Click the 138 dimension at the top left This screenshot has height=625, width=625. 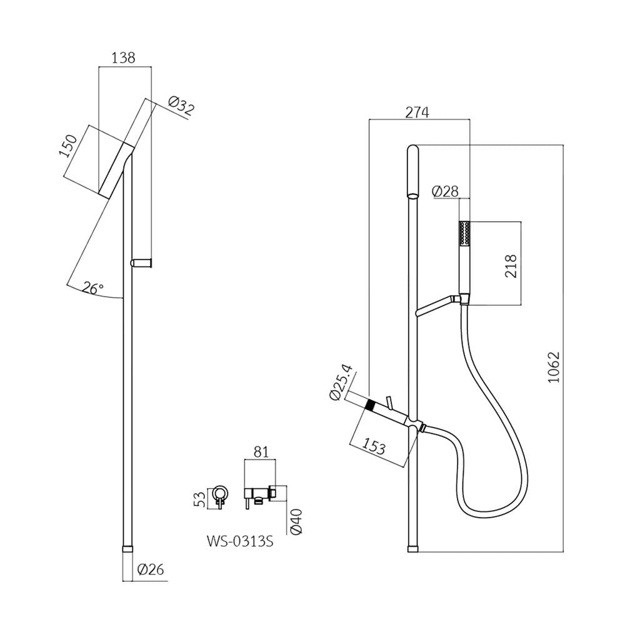pyautogui.click(x=123, y=58)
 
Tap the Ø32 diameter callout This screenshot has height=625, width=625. pyautogui.click(x=181, y=105)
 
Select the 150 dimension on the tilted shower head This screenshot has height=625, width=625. pyautogui.click(x=68, y=146)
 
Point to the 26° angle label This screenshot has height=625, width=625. pyautogui.click(x=94, y=287)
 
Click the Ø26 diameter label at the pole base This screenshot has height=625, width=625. pyautogui.click(x=150, y=569)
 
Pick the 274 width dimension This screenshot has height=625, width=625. pyautogui.click(x=417, y=112)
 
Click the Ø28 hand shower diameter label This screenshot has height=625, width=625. pyautogui.click(x=445, y=192)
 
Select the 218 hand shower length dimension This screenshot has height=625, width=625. pyautogui.click(x=511, y=266)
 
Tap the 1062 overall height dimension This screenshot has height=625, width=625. pyautogui.click(x=554, y=367)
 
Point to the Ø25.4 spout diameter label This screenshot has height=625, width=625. pyautogui.click(x=341, y=382)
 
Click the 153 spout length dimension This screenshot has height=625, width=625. pyautogui.click(x=374, y=447)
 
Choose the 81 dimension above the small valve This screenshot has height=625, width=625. pyautogui.click(x=261, y=452)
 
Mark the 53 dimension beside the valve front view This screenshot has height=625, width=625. pyautogui.click(x=201, y=499)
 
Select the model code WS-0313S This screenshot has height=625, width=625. pyautogui.click(x=240, y=542)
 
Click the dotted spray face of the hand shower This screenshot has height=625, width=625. pyautogui.click(x=464, y=233)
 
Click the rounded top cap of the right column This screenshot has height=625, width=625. pyautogui.click(x=412, y=171)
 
